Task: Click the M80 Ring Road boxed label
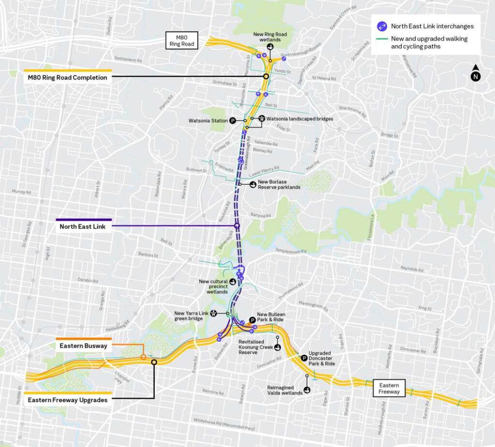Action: point(181,40)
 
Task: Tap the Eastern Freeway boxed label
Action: point(389,388)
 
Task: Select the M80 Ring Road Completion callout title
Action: point(68,77)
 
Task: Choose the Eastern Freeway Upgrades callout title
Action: point(68,400)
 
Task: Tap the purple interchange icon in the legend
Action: point(382,26)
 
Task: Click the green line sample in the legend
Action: point(381,39)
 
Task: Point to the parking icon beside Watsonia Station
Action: point(233,120)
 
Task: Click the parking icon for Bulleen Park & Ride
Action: point(251,320)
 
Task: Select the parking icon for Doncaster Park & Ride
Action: point(304,358)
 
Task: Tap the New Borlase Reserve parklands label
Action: point(279,185)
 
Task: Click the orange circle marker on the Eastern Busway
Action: point(143,357)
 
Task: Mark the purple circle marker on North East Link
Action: point(237,226)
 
